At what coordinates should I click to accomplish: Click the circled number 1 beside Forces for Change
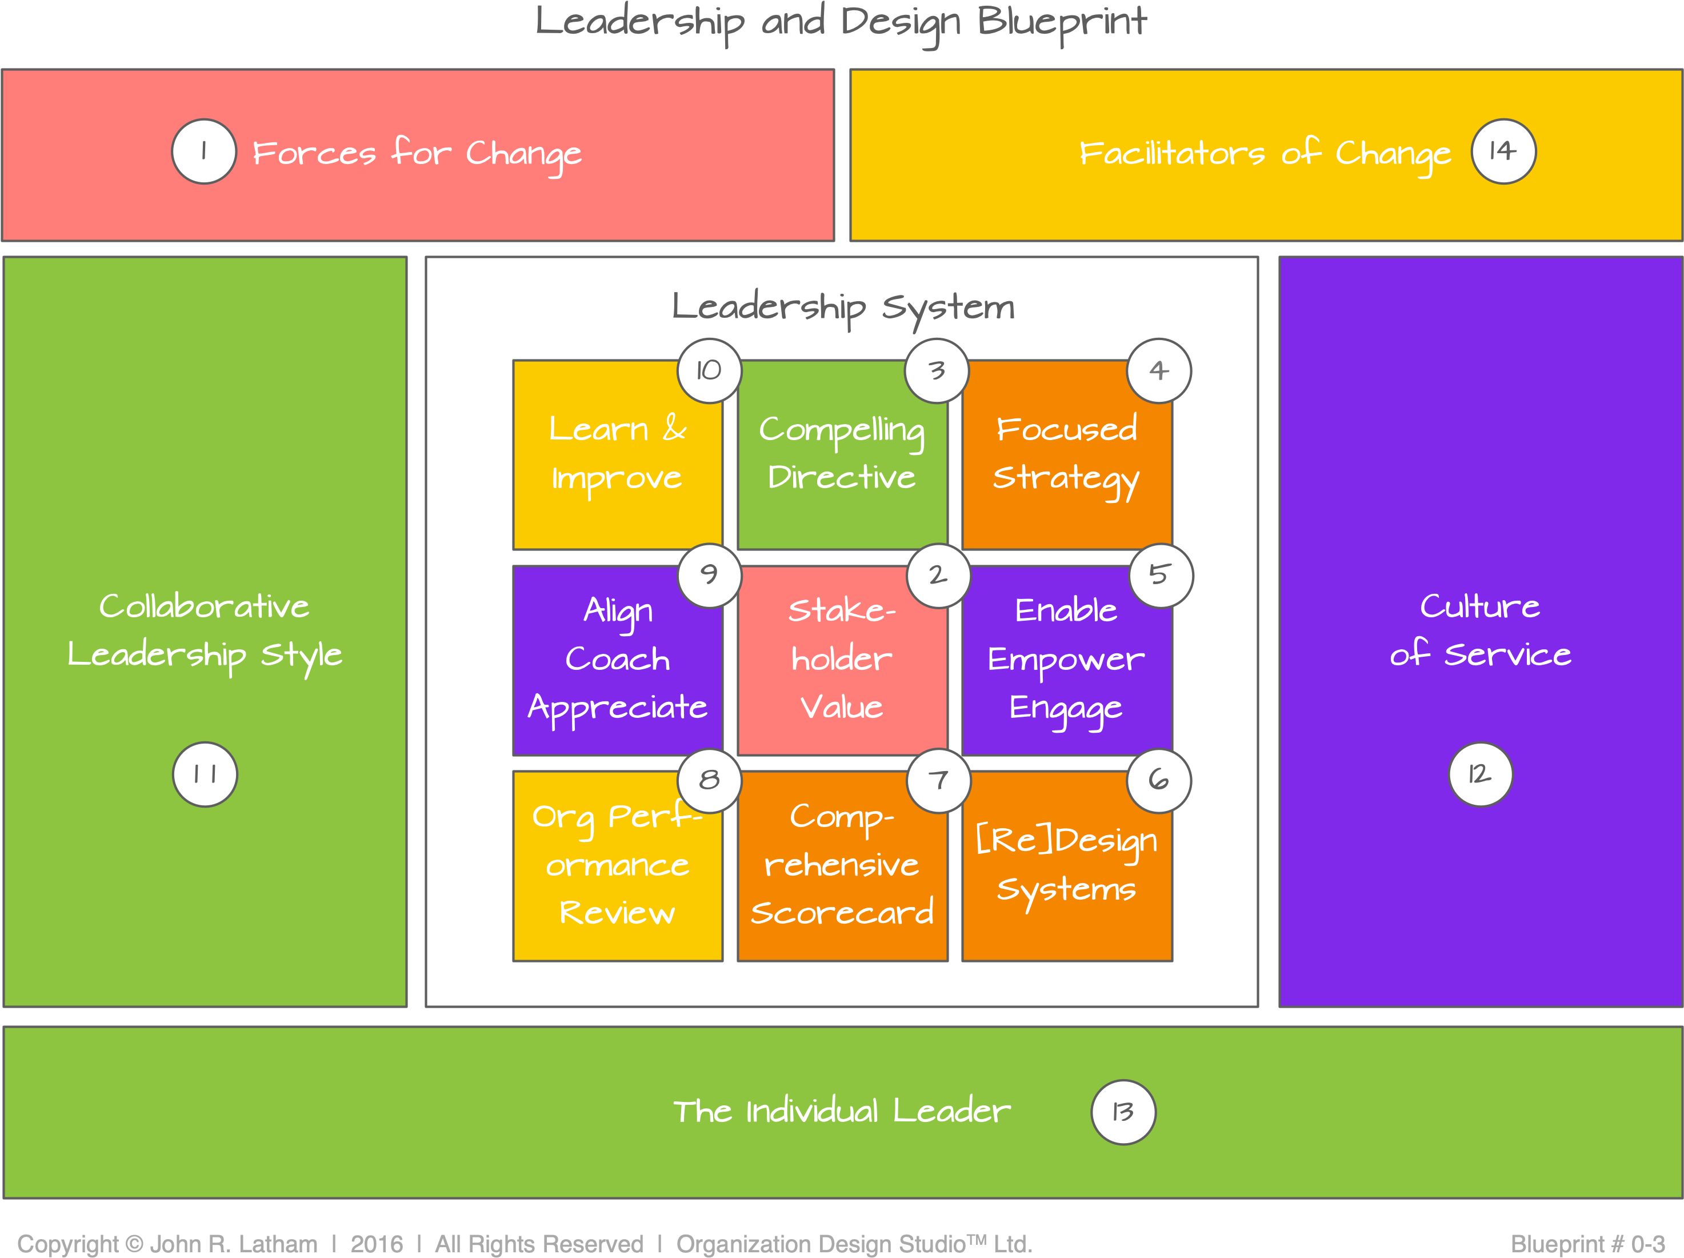203,151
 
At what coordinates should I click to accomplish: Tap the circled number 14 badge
1503,151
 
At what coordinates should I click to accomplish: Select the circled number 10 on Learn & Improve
709,370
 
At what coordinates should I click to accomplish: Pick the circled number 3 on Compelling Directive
937,370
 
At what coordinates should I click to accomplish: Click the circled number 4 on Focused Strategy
1159,370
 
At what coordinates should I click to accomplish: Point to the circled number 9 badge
709,575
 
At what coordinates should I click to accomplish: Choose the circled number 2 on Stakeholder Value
938,575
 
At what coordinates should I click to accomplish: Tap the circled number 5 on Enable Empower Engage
1160,575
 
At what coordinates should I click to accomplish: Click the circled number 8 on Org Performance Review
709,780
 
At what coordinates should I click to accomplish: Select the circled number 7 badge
938,780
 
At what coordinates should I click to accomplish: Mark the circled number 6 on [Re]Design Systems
1159,780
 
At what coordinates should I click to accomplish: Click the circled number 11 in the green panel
205,774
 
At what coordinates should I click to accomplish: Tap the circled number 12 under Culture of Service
1479,774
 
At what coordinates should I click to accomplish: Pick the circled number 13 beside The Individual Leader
1123,1112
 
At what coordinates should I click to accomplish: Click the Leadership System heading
843,307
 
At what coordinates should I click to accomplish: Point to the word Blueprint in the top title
1061,21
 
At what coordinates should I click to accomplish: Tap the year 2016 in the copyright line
376,1244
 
